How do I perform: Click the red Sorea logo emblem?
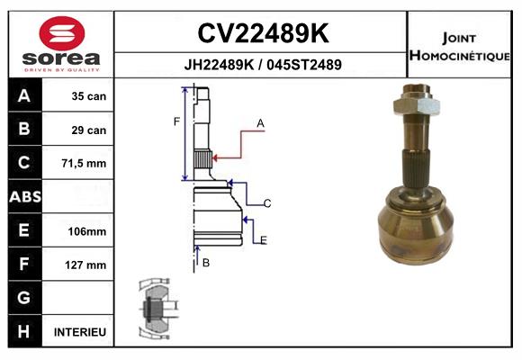(x=62, y=33)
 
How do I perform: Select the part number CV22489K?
(x=263, y=33)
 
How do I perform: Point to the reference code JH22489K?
(x=219, y=65)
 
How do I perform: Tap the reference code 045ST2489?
(x=304, y=65)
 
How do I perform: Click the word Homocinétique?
(x=459, y=56)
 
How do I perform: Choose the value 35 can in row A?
(x=89, y=96)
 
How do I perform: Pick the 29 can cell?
(x=89, y=130)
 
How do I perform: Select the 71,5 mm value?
(x=84, y=164)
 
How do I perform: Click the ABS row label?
(x=25, y=197)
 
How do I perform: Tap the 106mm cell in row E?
(x=87, y=231)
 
